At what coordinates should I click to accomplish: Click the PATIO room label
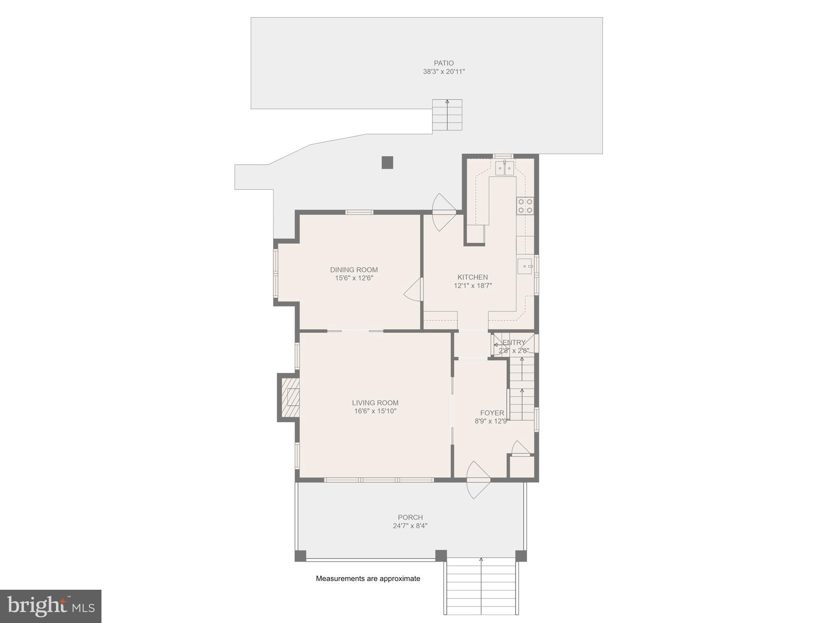coord(443,63)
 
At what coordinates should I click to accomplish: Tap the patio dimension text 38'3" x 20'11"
coord(443,72)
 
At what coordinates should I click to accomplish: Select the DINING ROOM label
coord(354,270)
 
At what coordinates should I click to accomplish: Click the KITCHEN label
coord(473,277)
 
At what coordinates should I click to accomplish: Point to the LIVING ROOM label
coord(375,403)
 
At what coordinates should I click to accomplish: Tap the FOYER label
coord(492,413)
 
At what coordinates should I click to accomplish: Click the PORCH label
coord(410,517)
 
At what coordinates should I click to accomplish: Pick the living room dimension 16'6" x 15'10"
coord(375,411)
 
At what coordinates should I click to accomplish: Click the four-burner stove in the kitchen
coord(525,206)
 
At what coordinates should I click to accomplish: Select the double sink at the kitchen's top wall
coord(504,168)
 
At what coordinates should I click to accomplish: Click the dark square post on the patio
coord(388,162)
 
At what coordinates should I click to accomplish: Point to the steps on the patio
coord(447,115)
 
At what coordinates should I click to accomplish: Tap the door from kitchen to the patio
coord(444,212)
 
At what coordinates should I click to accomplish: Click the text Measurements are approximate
coord(368,579)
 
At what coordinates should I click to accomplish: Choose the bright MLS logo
coord(51,606)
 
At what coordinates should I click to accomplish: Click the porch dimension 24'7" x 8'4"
coord(410,526)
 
